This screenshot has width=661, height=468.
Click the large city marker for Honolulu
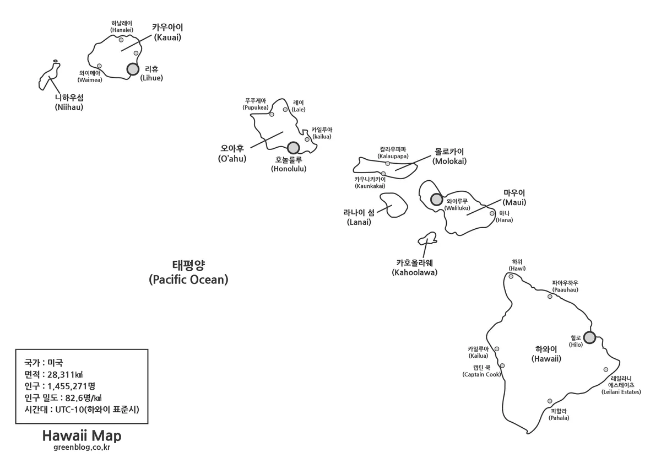(x=293, y=148)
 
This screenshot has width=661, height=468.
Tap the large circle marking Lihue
(x=133, y=69)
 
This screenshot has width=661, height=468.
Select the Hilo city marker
(x=589, y=337)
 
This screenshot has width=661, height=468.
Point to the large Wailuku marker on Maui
(x=436, y=200)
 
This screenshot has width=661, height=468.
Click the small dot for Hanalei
(x=121, y=40)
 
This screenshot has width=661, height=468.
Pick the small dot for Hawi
(x=511, y=276)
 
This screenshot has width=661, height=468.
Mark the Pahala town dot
(x=550, y=401)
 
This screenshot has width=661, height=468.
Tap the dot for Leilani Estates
(x=606, y=369)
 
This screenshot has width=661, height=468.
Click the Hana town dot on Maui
(x=492, y=213)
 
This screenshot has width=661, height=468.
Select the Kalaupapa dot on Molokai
(x=387, y=164)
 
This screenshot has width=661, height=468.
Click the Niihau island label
(x=69, y=102)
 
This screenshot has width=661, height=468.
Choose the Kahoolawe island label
(x=415, y=267)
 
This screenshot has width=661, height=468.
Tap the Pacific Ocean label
(x=188, y=272)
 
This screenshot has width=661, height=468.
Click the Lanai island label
(x=359, y=217)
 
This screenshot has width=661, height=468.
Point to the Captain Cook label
(x=481, y=371)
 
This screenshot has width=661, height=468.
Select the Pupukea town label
(x=256, y=104)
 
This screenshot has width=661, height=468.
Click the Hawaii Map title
(x=82, y=436)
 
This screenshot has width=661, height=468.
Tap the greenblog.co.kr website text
(x=82, y=448)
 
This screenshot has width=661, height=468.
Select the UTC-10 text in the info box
(x=69, y=410)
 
